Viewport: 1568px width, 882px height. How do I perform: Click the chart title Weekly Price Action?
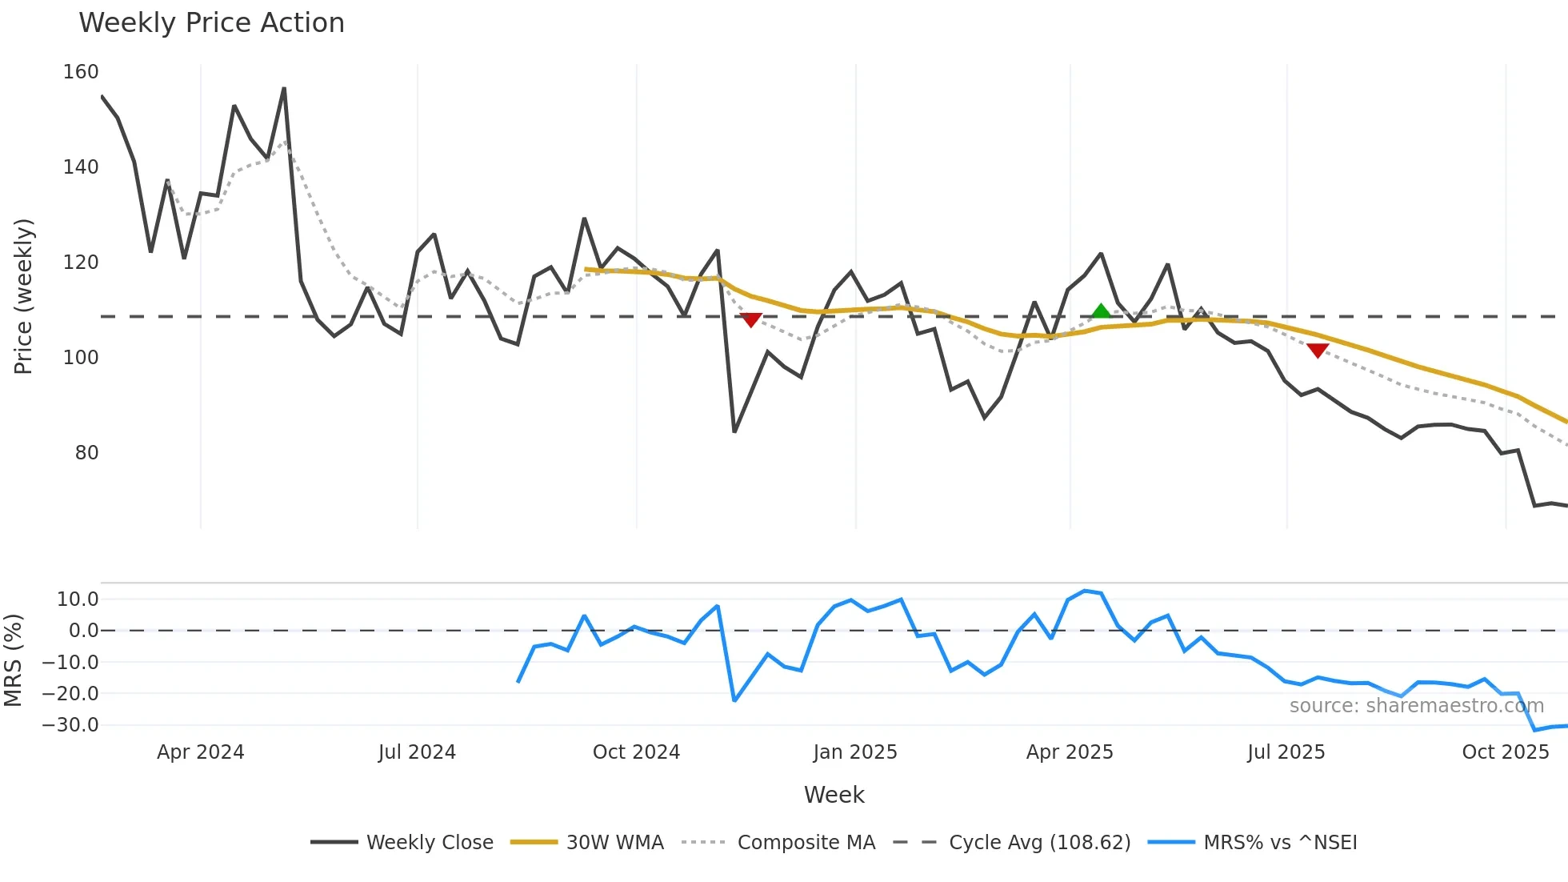[x=211, y=23]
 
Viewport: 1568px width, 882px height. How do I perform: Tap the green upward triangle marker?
[x=1101, y=312]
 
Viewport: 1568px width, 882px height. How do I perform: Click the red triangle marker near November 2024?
[x=750, y=320]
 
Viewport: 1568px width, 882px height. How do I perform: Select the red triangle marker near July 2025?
[x=1318, y=351]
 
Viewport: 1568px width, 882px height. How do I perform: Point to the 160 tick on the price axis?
[x=81, y=72]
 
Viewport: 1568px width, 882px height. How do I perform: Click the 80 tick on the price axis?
[x=86, y=453]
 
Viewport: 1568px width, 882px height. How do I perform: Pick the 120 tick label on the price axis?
[x=81, y=263]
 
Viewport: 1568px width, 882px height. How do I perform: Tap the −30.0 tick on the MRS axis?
[x=70, y=725]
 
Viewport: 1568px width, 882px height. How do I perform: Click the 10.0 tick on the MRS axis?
[x=78, y=599]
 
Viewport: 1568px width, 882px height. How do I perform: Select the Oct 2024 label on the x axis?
[x=636, y=752]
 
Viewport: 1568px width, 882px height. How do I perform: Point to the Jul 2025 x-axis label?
[x=1286, y=752]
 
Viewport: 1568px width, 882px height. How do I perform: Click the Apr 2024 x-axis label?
[x=200, y=752]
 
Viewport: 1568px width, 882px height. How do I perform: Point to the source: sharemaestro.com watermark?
[x=1416, y=706]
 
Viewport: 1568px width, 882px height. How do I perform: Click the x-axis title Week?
[x=834, y=795]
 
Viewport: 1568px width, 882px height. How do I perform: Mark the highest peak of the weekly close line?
[x=284, y=89]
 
